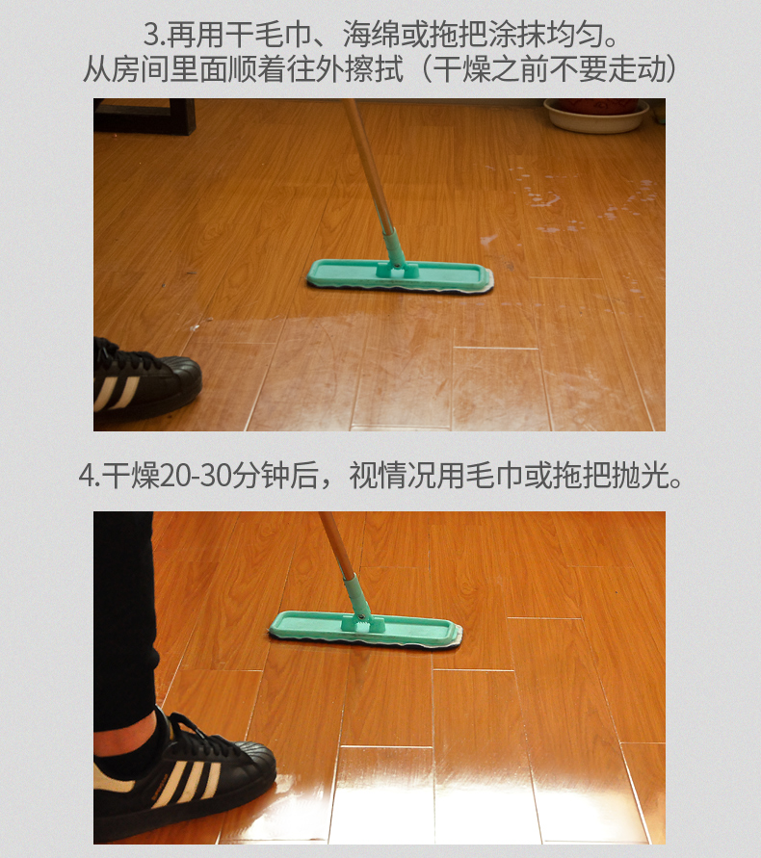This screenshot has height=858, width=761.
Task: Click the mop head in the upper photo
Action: pyautogui.click(x=400, y=275)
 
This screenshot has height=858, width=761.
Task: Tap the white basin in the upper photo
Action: pyautogui.click(x=595, y=116)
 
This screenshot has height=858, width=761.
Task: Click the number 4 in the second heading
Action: pyautogui.click(x=86, y=475)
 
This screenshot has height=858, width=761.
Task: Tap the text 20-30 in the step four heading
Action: pyautogui.click(x=195, y=475)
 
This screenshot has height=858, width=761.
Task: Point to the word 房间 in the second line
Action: pyautogui.click(x=140, y=70)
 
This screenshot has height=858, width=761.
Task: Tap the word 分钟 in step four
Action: pyautogui.click(x=261, y=475)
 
